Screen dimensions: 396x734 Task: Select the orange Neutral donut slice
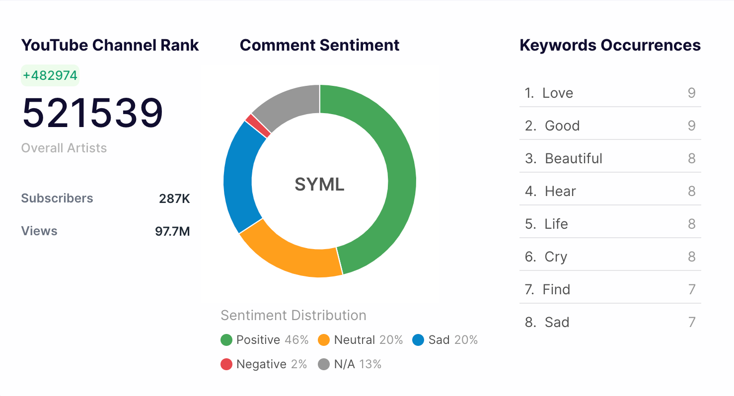[288, 253]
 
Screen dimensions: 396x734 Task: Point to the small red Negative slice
[258, 125]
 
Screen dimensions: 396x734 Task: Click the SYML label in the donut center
[319, 185]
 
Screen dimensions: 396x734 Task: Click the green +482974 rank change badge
[50, 75]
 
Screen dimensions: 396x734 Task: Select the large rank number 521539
[93, 113]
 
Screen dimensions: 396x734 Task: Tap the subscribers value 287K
[174, 199]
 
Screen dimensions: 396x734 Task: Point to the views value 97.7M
[172, 231]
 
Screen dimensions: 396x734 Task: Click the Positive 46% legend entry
[265, 340]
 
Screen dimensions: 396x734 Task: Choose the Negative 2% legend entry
[264, 364]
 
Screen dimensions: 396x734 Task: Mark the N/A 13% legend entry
[350, 364]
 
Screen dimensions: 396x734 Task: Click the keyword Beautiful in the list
[574, 159]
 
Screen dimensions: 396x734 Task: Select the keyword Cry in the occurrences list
[556, 257]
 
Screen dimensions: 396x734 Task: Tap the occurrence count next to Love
[691, 93]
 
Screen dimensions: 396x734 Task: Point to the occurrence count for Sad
[692, 323]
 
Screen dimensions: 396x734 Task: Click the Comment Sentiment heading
[319, 45]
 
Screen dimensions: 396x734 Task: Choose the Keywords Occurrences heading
[610, 45]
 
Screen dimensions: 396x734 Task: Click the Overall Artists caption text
[64, 148]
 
